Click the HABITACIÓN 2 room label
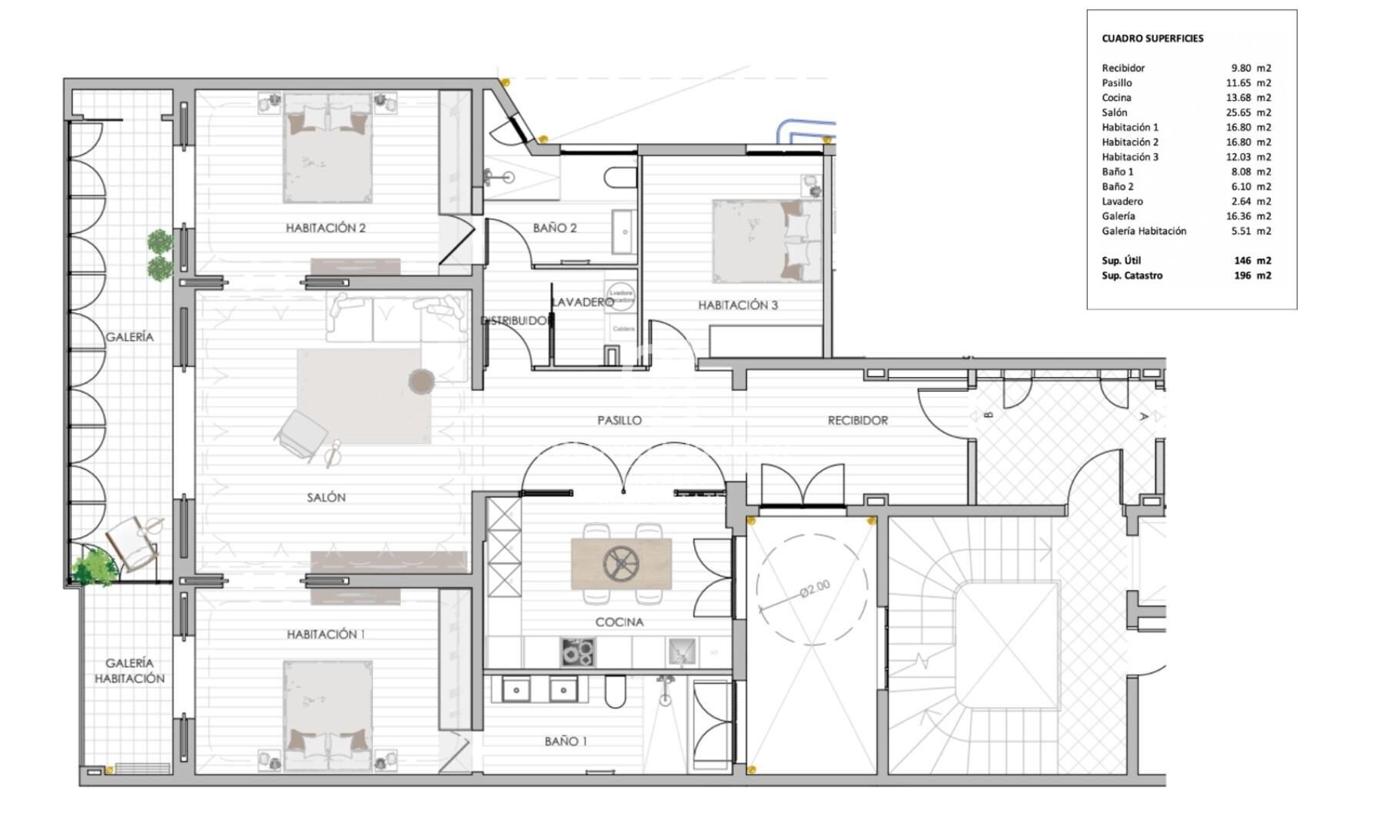click(325, 228)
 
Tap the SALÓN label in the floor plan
click(326, 498)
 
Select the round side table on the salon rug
click(421, 381)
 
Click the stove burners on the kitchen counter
click(577, 652)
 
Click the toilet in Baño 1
click(615, 692)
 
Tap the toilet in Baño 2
click(620, 178)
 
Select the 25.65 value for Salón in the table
click(1240, 112)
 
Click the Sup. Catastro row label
click(1132, 275)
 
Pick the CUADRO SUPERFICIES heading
click(1152, 38)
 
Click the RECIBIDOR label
click(857, 421)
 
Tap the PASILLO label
click(619, 421)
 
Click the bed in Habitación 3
click(766, 241)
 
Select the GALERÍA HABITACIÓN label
click(129, 671)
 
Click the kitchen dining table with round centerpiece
click(621, 564)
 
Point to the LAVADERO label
click(582, 302)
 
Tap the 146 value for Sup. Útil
click(1242, 261)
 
